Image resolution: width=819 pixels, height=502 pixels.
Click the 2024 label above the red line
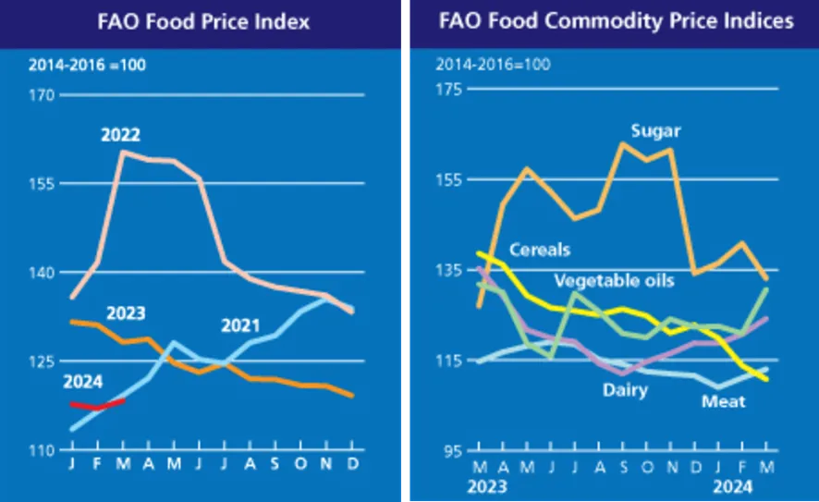[82, 381]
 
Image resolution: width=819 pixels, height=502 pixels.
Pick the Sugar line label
[655, 130]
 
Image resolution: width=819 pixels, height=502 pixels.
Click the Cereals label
[540, 250]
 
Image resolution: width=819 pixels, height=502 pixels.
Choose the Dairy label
[627, 390]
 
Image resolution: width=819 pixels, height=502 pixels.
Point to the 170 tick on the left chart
[43, 95]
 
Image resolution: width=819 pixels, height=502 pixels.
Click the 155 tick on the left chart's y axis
[43, 184]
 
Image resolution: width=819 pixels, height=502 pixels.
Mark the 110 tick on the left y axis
[43, 450]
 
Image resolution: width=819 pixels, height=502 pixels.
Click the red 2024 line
[97, 404]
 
